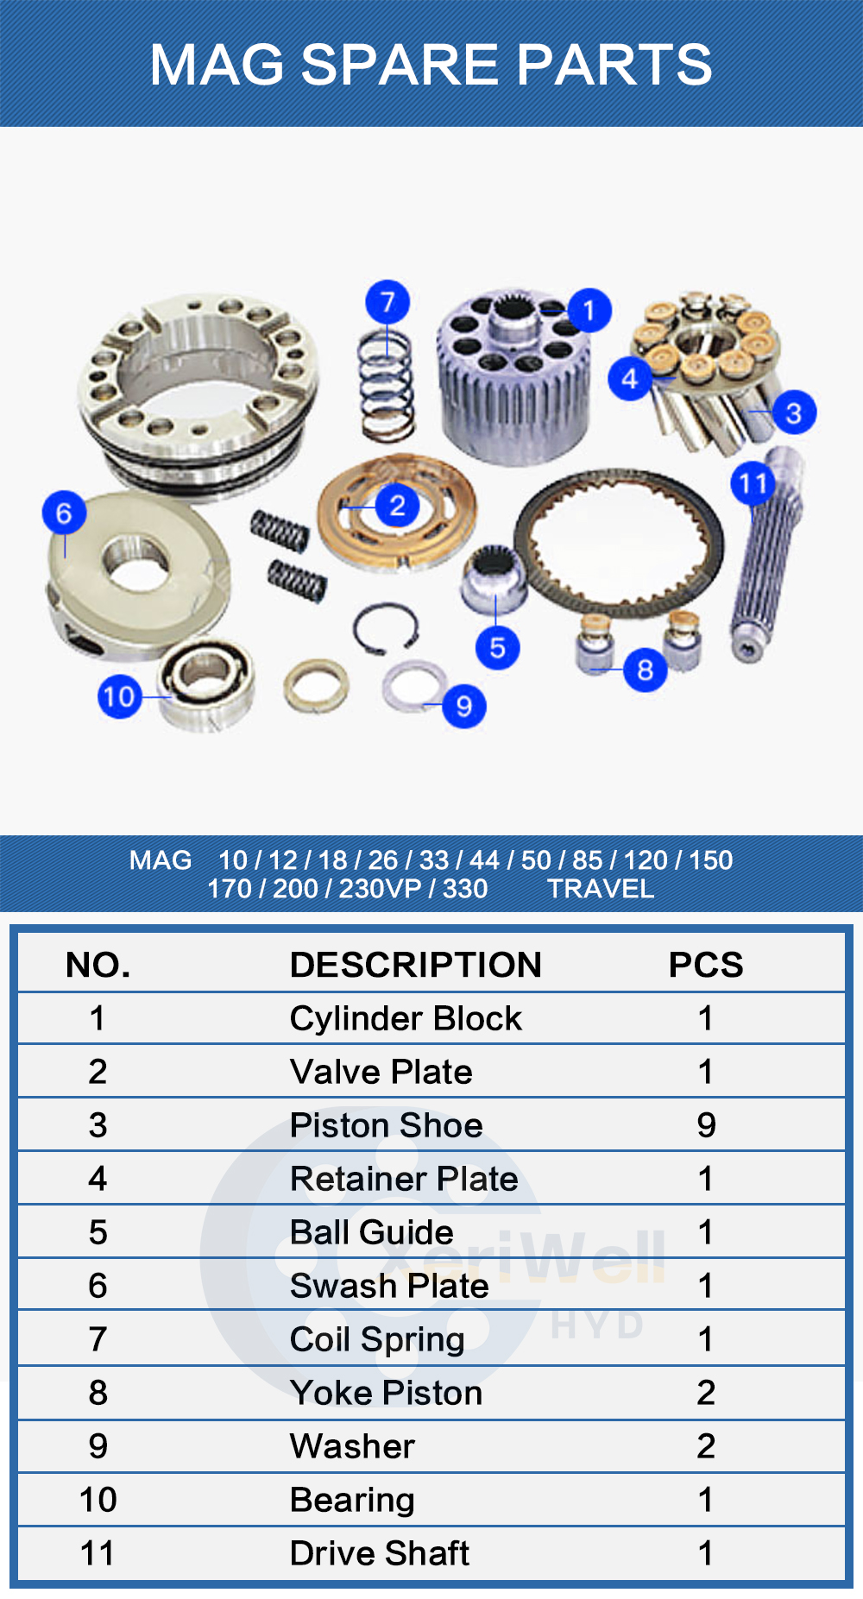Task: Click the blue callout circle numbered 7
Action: (387, 302)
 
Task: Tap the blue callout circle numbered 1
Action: (589, 311)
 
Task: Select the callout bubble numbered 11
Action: (753, 484)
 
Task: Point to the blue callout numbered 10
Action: (119, 696)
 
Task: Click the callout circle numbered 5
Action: (497, 647)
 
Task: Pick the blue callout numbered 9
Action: (463, 707)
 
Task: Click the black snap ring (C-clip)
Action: (386, 628)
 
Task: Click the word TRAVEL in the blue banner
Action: (601, 889)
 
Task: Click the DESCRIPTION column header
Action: (415, 965)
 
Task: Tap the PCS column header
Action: (705, 965)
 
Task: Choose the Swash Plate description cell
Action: (389, 1286)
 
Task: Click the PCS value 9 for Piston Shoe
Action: (706, 1125)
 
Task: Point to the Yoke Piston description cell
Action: (386, 1393)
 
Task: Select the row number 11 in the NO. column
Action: (98, 1553)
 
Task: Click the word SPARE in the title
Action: (400, 65)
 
